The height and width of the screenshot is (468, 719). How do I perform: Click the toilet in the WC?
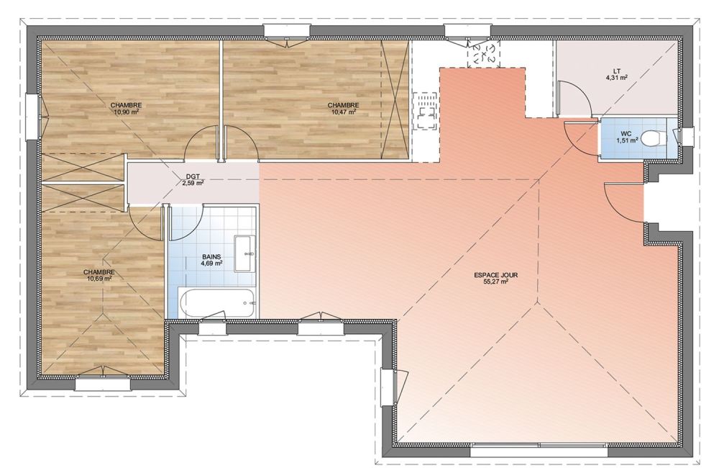(x=653, y=138)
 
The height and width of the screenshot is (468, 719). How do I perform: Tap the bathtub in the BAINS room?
(x=217, y=303)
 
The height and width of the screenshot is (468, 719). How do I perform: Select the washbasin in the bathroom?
(x=245, y=253)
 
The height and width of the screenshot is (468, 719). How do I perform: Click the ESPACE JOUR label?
(x=495, y=276)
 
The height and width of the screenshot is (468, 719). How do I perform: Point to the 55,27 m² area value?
(x=495, y=282)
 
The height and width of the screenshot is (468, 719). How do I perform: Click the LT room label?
(x=616, y=71)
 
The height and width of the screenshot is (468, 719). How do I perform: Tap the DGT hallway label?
(x=193, y=176)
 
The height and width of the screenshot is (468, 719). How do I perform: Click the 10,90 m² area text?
(x=126, y=112)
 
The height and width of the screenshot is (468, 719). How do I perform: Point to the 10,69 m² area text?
(x=99, y=278)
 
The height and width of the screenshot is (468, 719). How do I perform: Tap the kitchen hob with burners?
(x=425, y=112)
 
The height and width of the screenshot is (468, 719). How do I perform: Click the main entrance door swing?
(x=625, y=201)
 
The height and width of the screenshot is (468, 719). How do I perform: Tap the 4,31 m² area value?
(x=616, y=78)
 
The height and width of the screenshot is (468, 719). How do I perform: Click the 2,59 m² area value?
(x=193, y=182)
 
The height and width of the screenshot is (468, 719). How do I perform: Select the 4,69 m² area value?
(x=211, y=264)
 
